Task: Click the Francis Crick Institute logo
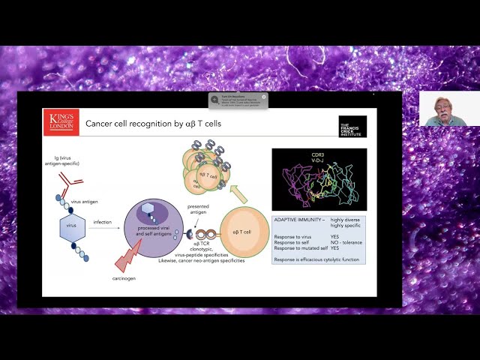(352, 126)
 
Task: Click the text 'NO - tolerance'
(346, 242)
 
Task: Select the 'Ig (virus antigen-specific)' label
(63, 160)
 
